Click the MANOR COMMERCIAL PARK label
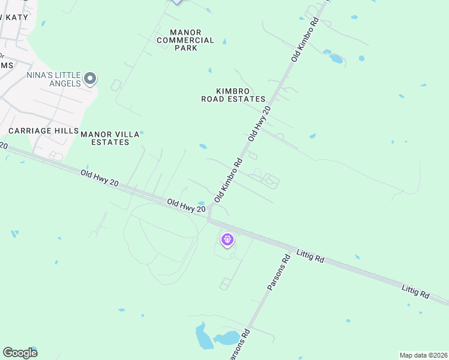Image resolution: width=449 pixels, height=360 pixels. coord(185,40)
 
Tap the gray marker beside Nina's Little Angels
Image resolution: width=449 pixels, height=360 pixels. coord(90,79)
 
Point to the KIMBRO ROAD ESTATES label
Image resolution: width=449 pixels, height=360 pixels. coord(233,94)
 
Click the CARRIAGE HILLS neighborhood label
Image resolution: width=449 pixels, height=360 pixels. coord(43,130)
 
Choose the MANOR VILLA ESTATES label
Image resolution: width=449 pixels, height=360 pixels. coord(110,138)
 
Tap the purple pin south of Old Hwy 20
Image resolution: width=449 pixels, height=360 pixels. coord(228,240)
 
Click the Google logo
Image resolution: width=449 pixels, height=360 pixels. coord(20,352)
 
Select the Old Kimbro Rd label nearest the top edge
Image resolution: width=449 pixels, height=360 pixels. coord(304,40)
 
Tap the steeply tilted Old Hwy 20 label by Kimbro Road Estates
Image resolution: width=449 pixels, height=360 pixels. coord(260,123)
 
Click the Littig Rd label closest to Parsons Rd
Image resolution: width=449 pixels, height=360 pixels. coord(310,257)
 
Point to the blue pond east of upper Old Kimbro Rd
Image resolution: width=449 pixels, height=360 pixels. coord(336,59)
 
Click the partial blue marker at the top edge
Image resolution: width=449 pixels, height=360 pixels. coord(176,2)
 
